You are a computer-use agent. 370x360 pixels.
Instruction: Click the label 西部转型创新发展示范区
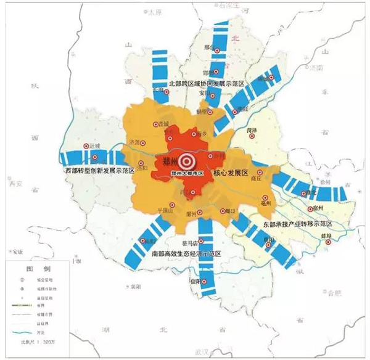(101, 169)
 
